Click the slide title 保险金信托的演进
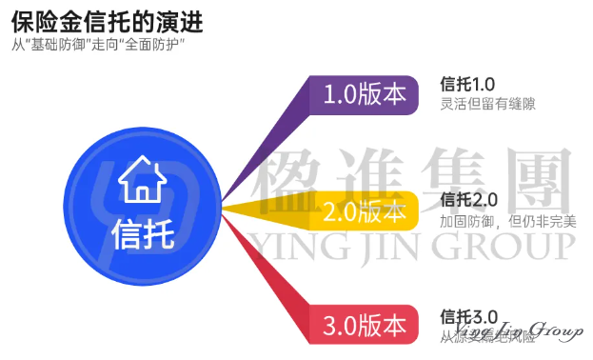coord(107,19)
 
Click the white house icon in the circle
coord(143,177)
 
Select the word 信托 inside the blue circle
coord(143,231)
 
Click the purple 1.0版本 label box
coord(365,95)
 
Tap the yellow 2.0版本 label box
coord(365,210)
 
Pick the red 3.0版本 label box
coord(365,325)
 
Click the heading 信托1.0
coord(469,85)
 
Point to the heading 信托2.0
coord(469,200)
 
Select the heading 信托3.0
coord(469,315)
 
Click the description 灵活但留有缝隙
coord(487,105)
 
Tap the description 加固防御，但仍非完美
coord(508,221)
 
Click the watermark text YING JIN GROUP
coord(409,246)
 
